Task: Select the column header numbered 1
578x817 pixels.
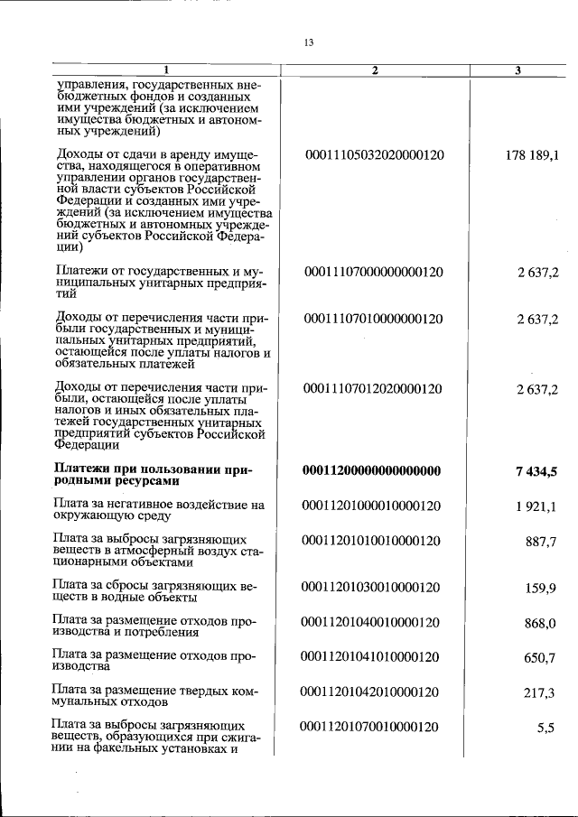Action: [x=166, y=70]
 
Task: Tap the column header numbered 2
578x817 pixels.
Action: [x=373, y=70]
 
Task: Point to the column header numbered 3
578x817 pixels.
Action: [x=517, y=70]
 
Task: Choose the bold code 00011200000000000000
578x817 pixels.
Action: [x=373, y=470]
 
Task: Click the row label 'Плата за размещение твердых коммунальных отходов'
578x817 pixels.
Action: [x=155, y=696]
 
